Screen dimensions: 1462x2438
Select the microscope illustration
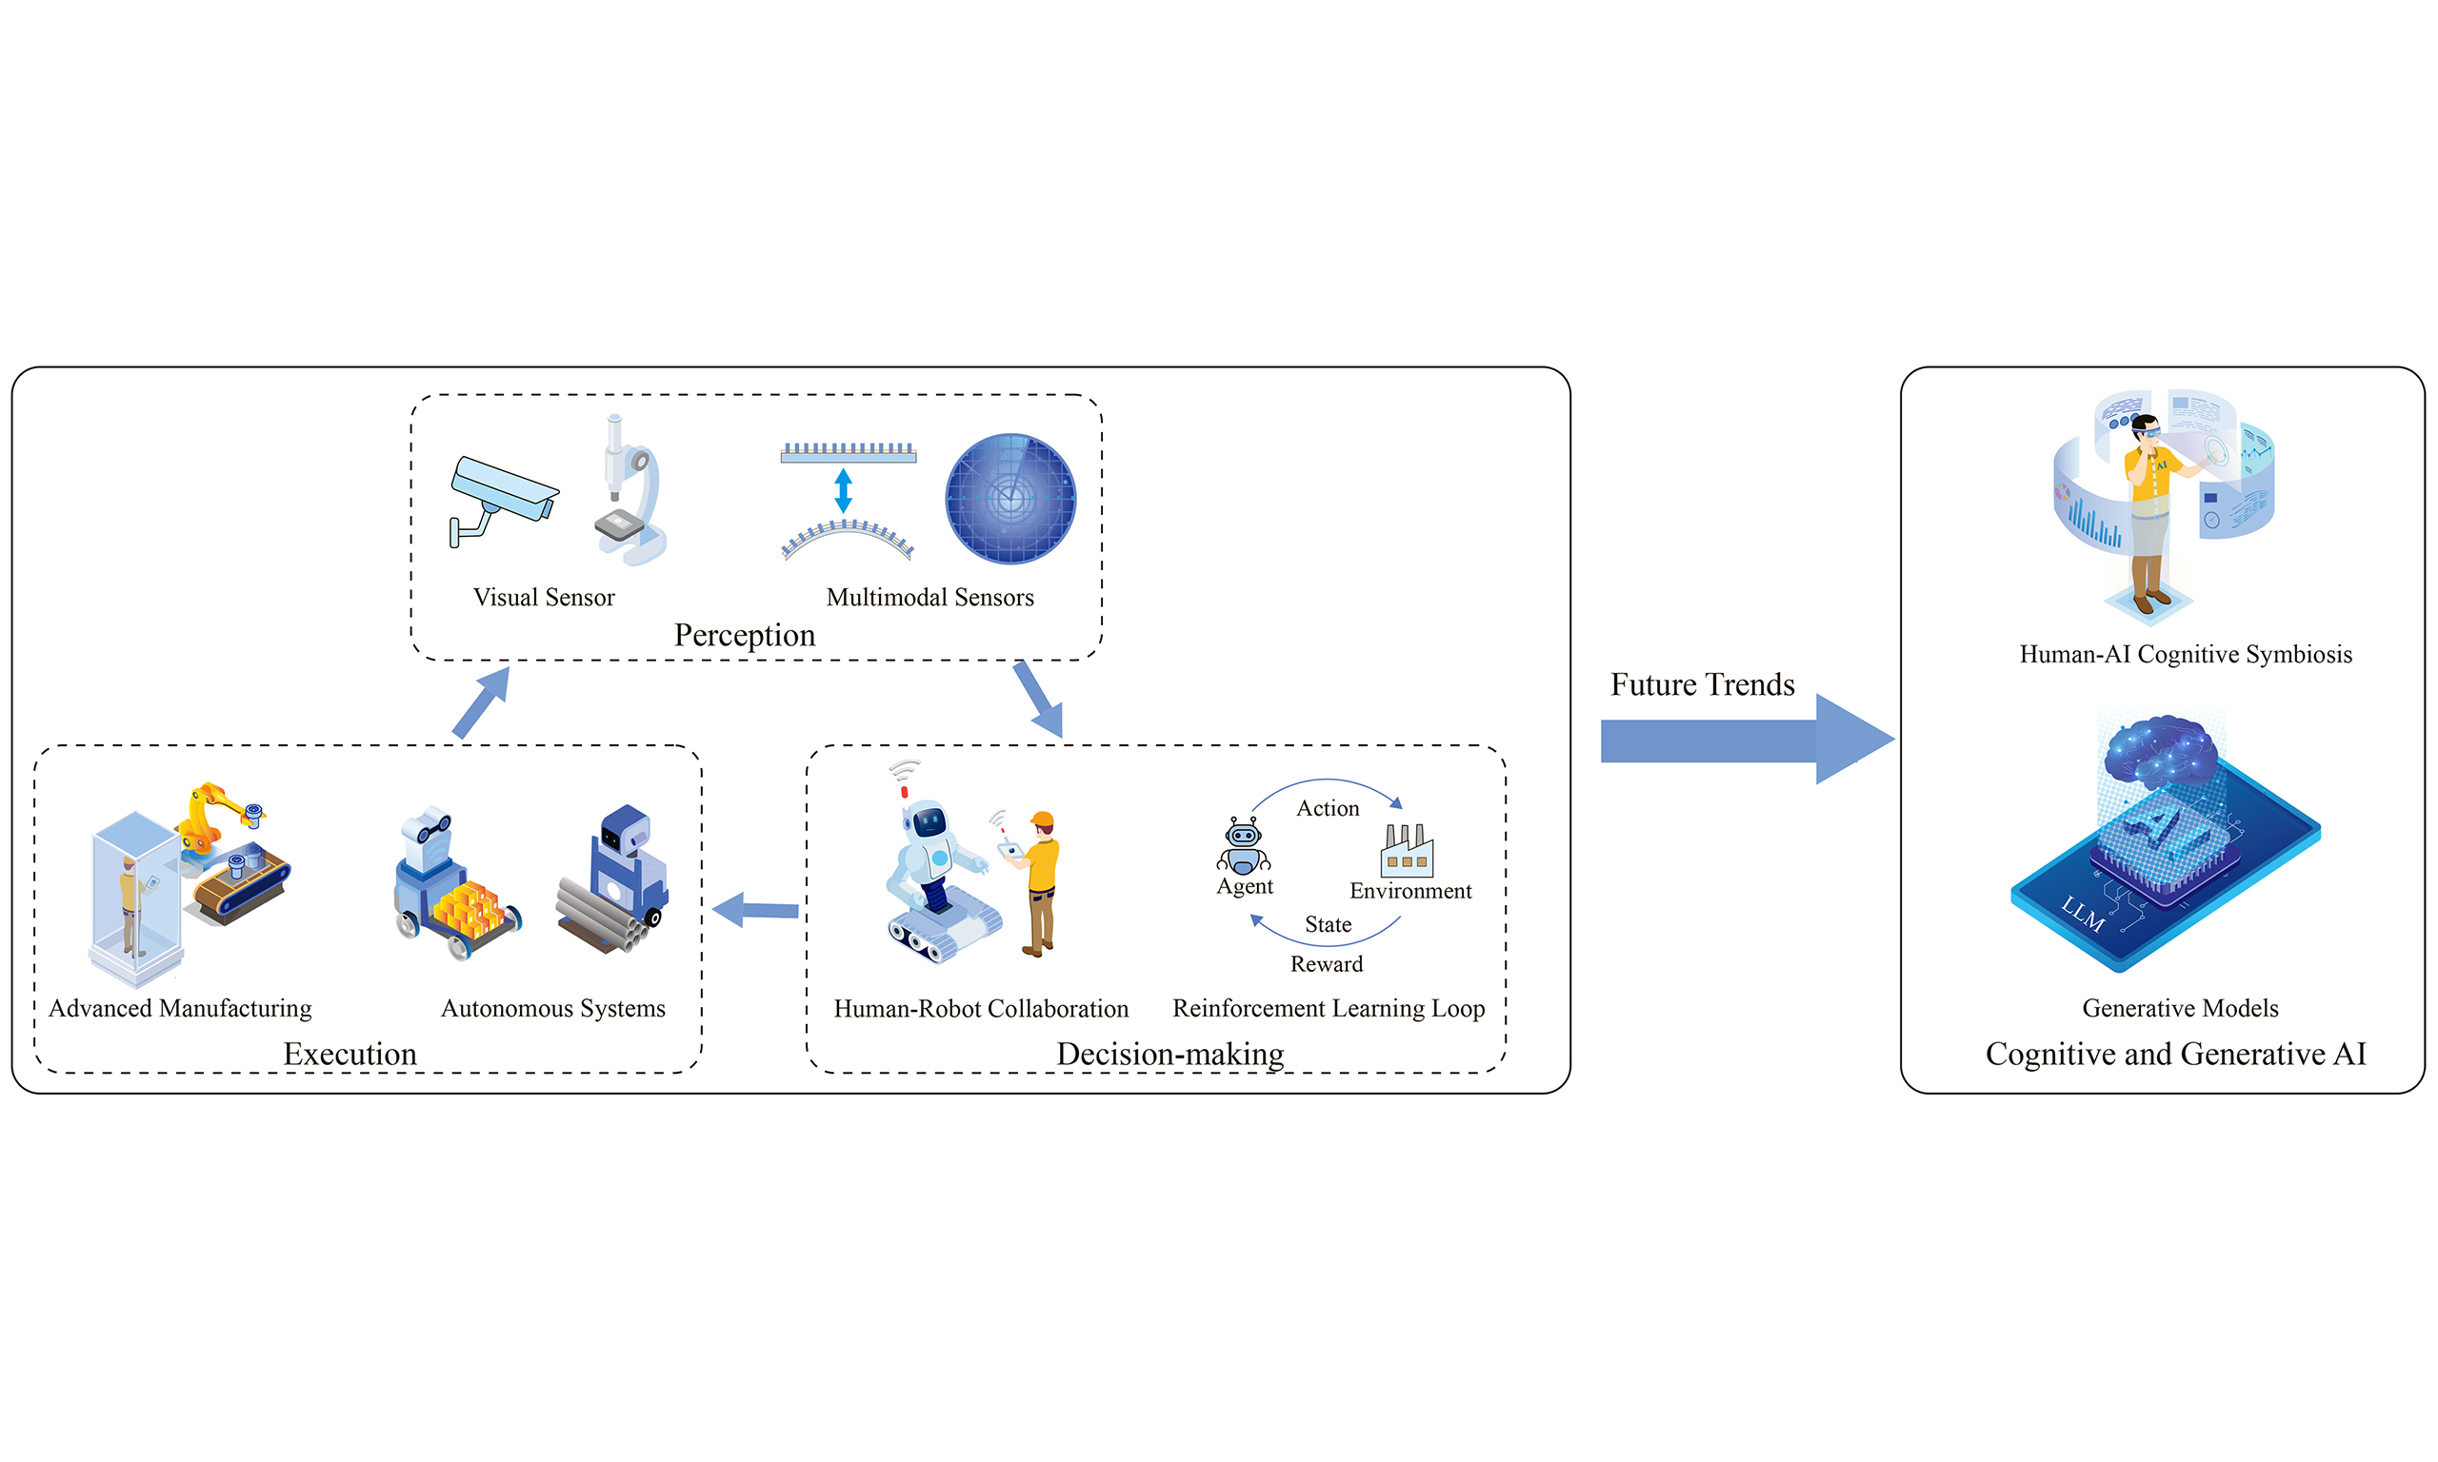[x=628, y=493]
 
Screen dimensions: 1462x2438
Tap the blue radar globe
[x=1010, y=499]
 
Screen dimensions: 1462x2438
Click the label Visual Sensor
[x=543, y=597]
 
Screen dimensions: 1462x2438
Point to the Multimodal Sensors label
[x=929, y=597]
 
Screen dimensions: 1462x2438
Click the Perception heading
[x=744, y=636]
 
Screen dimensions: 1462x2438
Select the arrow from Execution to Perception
[x=481, y=702]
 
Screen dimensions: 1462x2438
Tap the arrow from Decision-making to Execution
[x=756, y=909]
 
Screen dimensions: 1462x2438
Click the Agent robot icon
[x=1244, y=845]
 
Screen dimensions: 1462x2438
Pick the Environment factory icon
[x=1408, y=851]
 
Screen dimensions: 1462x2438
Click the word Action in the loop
[x=1328, y=808]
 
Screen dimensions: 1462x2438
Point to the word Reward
[x=1327, y=963]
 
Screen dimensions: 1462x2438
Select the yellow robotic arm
[x=211, y=813]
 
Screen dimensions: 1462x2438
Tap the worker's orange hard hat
[x=1042, y=819]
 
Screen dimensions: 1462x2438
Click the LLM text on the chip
[x=2082, y=916]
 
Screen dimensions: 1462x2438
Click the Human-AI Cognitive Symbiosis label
[x=2185, y=654]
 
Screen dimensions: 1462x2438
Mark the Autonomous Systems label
[x=553, y=1008]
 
